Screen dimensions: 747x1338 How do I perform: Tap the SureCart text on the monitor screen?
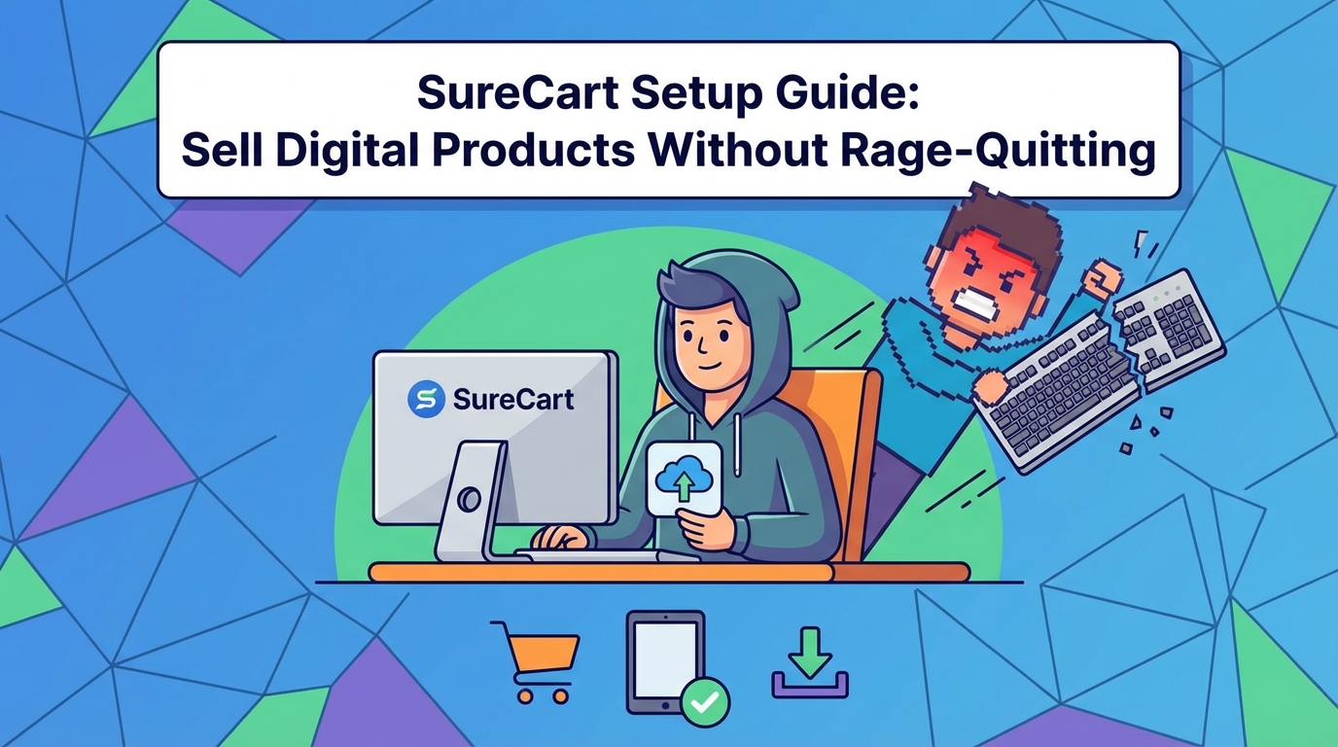[512, 400]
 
